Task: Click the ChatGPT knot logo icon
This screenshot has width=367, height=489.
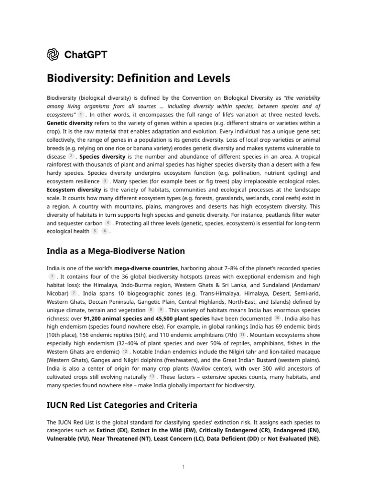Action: (53, 54)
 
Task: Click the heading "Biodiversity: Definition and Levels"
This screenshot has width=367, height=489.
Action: (139, 78)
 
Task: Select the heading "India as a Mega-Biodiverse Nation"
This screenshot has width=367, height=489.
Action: (116, 251)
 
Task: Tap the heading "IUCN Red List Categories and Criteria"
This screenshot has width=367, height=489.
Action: (122, 405)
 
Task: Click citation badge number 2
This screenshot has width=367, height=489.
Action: (71, 156)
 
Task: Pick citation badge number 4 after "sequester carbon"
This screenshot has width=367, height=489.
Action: (108, 223)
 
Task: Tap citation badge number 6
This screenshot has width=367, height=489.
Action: (104, 232)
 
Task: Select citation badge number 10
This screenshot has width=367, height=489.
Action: (277, 318)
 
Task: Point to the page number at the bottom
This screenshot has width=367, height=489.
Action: (183, 467)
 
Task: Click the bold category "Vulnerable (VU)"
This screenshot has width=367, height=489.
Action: (67, 439)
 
